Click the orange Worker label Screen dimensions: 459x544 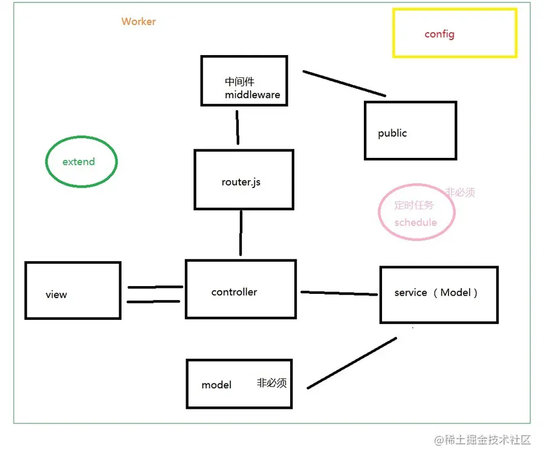coord(138,22)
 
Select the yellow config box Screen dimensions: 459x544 coord(455,33)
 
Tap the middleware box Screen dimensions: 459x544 coord(244,80)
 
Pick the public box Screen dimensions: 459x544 coord(410,131)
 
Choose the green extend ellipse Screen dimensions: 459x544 coord(81,161)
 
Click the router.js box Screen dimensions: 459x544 coord(244,180)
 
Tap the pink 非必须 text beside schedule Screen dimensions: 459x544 coord(460,193)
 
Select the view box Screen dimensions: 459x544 coord(73,290)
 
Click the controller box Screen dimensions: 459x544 coord(241,289)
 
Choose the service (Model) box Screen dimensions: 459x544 coord(439,295)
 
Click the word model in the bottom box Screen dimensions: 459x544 coord(216,385)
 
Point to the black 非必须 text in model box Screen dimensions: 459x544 coord(271,383)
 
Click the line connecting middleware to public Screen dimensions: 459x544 coord(344,83)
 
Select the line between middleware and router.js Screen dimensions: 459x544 coord(238,126)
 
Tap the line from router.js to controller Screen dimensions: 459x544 coord(241,233)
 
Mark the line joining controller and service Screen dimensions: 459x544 coord(339,293)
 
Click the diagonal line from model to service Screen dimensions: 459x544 coord(352,362)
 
